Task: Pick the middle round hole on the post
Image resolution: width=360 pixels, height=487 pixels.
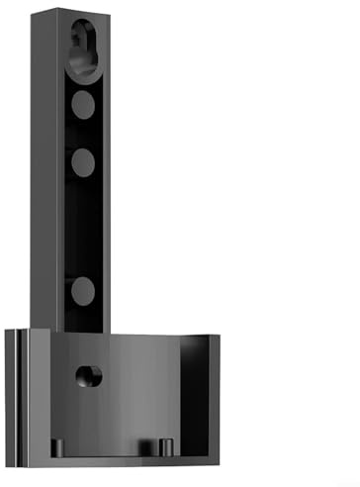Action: (x=83, y=160)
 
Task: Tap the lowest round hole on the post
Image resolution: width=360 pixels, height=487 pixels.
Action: (x=83, y=290)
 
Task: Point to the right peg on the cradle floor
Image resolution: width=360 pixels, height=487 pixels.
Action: (x=163, y=447)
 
